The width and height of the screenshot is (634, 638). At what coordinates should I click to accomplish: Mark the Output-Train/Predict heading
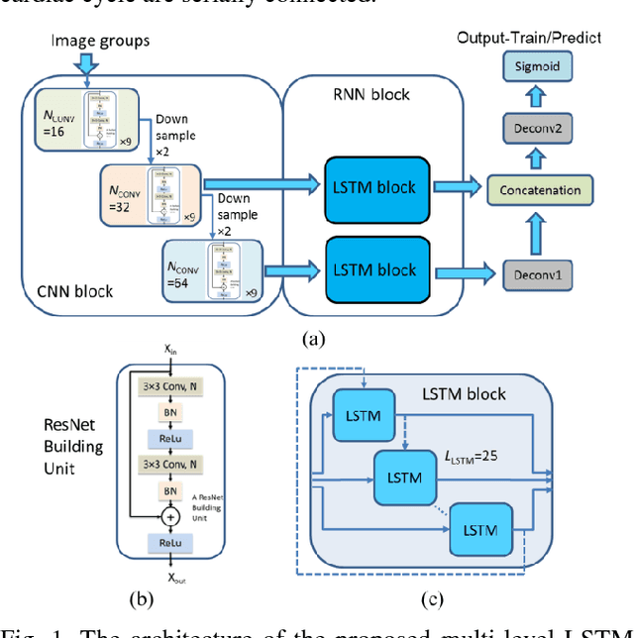[542, 38]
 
